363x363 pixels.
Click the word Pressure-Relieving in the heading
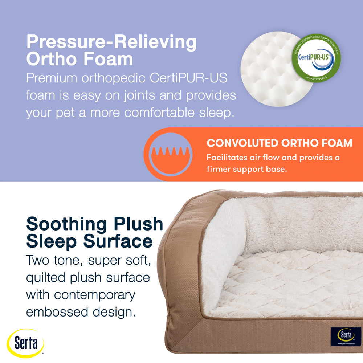tap(111, 43)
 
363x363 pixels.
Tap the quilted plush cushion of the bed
tap(290, 283)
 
